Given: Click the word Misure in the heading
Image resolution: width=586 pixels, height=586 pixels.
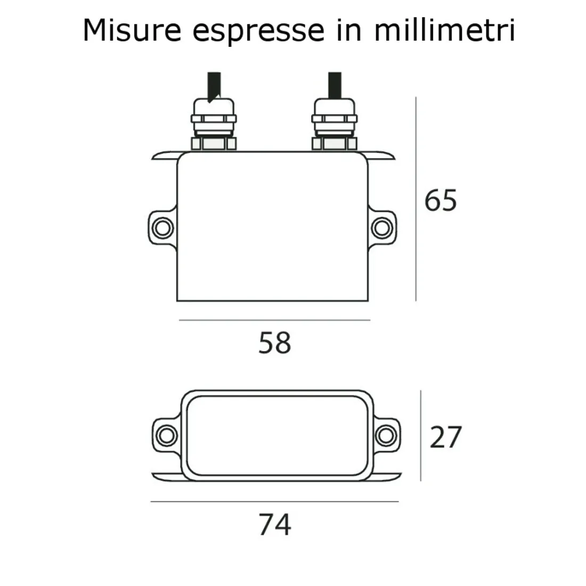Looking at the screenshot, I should (x=132, y=30).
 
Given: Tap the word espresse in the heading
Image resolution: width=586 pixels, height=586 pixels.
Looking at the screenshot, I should (x=257, y=31).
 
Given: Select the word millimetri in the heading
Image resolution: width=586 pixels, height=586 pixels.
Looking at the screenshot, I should (x=444, y=30).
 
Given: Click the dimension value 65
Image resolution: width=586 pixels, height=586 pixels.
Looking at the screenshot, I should (x=441, y=201).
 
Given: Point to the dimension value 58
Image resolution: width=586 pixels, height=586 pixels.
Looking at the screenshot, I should (x=275, y=343).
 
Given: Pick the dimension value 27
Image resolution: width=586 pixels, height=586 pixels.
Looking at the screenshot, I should (x=445, y=437).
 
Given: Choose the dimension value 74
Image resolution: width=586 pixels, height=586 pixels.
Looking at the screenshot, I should (x=275, y=524).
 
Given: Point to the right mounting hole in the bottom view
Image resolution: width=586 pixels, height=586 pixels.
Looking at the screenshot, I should (x=384, y=435).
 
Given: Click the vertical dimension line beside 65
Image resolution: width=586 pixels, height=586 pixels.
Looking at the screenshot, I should (x=416, y=200).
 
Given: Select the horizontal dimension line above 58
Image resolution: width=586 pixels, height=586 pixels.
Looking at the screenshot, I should (x=275, y=320).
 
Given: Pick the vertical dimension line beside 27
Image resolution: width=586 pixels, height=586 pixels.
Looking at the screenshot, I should (x=421, y=435).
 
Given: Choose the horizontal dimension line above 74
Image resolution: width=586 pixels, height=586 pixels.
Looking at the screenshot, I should (x=275, y=501).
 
